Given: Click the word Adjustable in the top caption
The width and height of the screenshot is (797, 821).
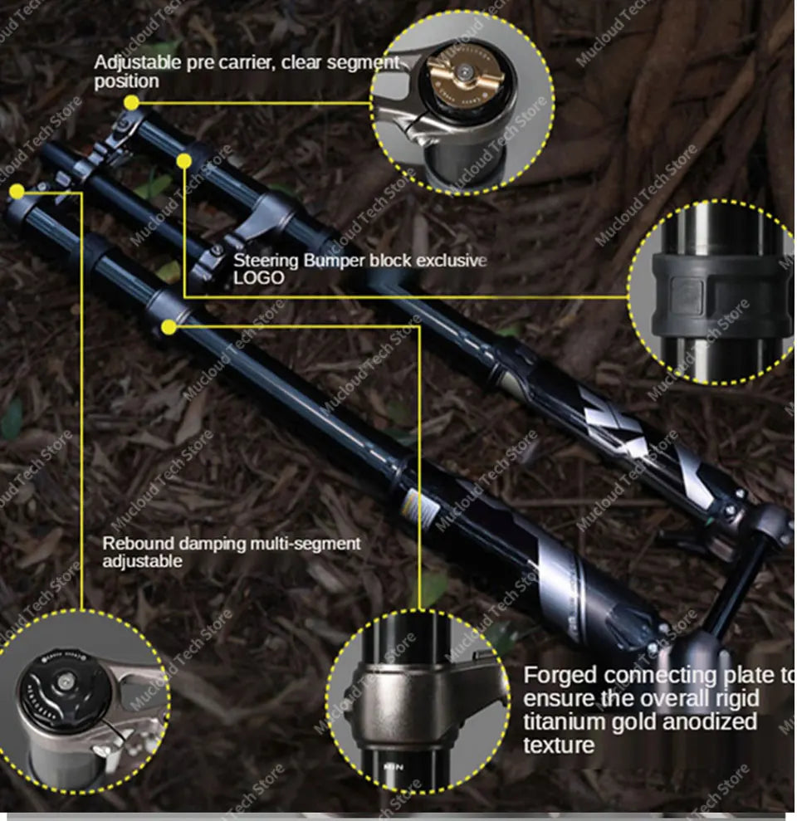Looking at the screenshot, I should click(x=131, y=62).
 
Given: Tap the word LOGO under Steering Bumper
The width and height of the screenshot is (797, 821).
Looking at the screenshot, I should click(x=258, y=277).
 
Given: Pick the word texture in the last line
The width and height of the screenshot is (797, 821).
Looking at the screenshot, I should click(x=558, y=745).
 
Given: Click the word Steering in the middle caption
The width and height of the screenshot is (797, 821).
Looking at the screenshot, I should click(x=266, y=260).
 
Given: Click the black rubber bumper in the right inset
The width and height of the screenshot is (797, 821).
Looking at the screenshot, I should click(x=714, y=295).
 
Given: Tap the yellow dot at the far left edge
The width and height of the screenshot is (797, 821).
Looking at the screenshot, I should click(x=17, y=192).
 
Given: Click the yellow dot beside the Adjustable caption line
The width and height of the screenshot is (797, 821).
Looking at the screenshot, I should click(x=131, y=103).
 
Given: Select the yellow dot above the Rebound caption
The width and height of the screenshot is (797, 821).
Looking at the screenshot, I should click(x=169, y=327).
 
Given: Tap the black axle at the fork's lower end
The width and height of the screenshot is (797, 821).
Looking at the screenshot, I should click(x=735, y=581).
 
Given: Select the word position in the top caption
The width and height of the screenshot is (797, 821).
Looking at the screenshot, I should click(x=125, y=81).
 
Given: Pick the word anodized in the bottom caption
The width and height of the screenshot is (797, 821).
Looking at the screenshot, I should click(x=705, y=721).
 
